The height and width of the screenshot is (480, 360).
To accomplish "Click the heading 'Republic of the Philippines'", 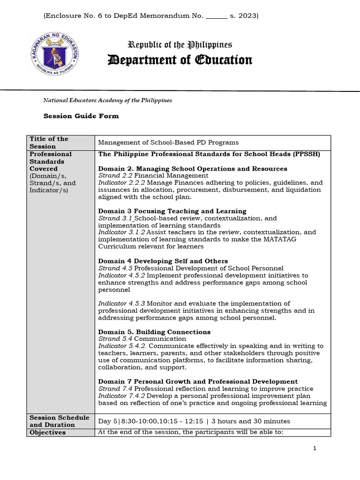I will click(180, 45).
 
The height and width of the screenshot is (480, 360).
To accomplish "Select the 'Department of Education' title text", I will click(180, 60).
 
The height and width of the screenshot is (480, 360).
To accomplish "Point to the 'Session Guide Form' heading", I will click(81, 116).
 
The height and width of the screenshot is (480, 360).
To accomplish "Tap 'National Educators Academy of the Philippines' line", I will click(107, 100).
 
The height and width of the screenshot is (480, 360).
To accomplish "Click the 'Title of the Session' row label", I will click(49, 142).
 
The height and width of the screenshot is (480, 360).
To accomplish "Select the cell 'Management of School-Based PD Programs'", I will click(168, 142).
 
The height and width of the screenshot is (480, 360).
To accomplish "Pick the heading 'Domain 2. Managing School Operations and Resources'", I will click(193, 169).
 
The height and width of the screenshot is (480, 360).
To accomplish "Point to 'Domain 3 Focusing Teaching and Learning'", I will click(172, 211).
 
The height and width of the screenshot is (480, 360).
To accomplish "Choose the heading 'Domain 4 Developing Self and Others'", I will click(163, 261).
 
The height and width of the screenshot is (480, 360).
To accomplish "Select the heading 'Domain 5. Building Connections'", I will click(154, 332).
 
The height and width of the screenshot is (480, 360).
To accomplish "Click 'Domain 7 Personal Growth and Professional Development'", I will click(198, 382).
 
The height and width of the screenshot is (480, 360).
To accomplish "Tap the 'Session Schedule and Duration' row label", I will click(59, 421).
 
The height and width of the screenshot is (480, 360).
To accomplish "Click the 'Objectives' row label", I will click(47, 433).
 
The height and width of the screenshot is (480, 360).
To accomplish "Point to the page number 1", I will click(315, 449).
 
